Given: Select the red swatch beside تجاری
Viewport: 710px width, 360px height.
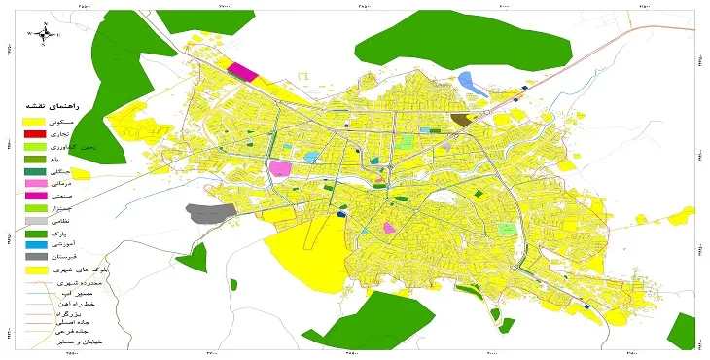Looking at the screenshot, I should [34, 132].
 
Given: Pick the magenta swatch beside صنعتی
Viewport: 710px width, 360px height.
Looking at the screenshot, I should [34, 196].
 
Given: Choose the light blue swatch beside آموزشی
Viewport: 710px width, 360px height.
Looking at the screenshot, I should [34, 245].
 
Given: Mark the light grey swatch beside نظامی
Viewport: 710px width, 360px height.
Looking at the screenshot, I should [34, 221].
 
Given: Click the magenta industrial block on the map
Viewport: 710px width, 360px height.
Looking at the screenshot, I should [243, 71].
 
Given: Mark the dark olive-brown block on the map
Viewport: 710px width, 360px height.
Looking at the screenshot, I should [459, 120].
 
